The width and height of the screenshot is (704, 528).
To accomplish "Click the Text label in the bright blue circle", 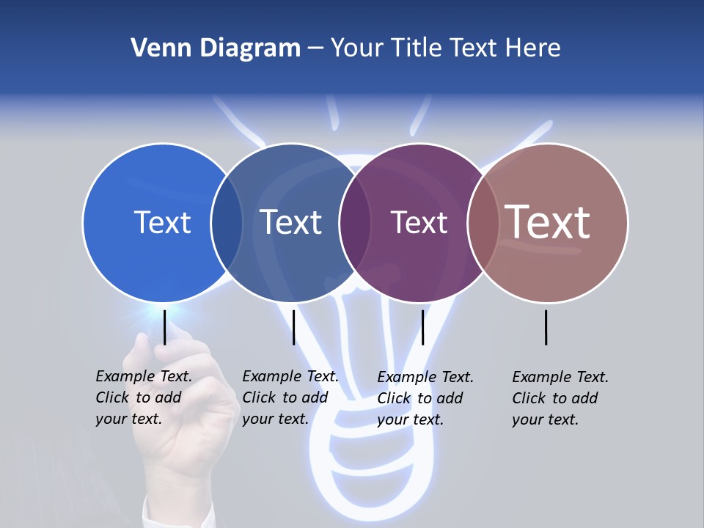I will [x=162, y=222].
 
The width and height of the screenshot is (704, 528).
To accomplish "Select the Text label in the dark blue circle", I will [x=291, y=222].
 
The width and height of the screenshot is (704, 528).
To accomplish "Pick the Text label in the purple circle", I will [x=419, y=222].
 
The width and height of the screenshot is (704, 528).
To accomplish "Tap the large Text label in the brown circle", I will [x=548, y=222].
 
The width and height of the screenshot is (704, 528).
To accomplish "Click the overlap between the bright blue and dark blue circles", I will [x=227, y=222].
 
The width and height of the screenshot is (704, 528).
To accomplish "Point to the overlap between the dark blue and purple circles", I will [x=355, y=222].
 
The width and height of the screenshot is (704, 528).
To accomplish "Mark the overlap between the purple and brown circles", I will [x=483, y=222].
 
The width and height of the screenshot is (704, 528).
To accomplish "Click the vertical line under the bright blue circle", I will [x=165, y=327].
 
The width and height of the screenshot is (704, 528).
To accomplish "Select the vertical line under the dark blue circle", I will [x=293, y=327].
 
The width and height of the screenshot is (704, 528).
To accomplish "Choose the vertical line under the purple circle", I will [x=423, y=327].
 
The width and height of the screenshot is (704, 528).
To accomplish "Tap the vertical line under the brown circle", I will [x=546, y=327].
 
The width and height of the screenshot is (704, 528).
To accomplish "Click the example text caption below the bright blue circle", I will [x=144, y=397].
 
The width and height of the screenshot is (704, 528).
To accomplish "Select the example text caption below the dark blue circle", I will [x=290, y=397].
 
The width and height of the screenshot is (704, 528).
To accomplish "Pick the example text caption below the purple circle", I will [x=425, y=398].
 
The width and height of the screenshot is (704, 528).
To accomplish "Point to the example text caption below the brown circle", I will [x=560, y=398].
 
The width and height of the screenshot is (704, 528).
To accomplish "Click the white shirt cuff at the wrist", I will [x=176, y=513].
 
